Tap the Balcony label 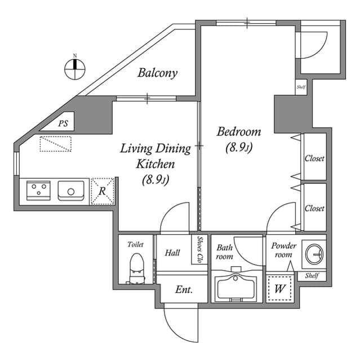(158, 73)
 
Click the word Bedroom (239, 132)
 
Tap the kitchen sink (72, 191)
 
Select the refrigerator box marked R (103, 191)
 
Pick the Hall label (172, 253)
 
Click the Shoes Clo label (200, 249)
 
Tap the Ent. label (184, 290)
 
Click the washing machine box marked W (279, 289)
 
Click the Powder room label (283, 250)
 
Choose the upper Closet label (314, 159)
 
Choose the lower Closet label (314, 208)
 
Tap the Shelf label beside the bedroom (301, 87)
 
